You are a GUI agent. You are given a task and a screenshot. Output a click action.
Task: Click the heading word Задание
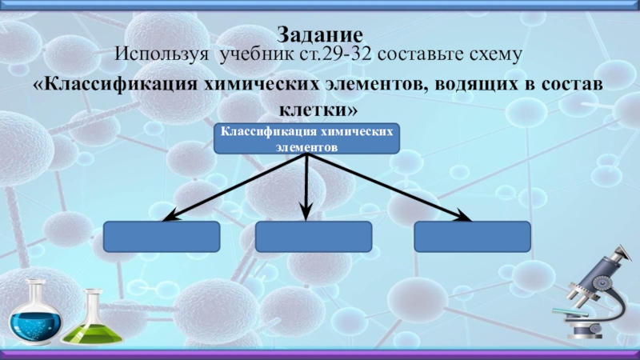click(x=320, y=34)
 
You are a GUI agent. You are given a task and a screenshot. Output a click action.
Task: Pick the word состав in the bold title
click(x=570, y=84)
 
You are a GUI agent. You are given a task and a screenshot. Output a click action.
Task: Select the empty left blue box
click(x=162, y=238)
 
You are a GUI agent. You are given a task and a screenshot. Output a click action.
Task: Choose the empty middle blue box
click(x=314, y=238)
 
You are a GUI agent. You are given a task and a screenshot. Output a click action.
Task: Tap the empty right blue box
click(x=472, y=238)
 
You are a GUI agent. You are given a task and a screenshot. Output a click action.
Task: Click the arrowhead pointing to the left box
click(x=170, y=215)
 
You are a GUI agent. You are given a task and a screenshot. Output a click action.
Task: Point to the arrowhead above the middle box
click(x=306, y=212)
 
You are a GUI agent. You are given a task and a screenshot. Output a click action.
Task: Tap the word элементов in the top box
click(x=306, y=148)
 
